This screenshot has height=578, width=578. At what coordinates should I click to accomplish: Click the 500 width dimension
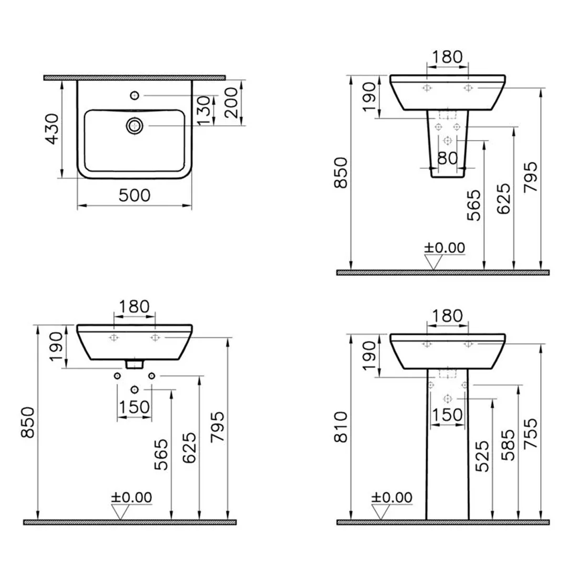click(x=135, y=195)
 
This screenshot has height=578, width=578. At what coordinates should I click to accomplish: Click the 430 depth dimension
click(x=52, y=129)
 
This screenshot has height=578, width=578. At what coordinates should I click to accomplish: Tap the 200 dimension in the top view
click(x=231, y=102)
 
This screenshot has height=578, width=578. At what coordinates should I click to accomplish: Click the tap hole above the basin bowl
click(x=135, y=96)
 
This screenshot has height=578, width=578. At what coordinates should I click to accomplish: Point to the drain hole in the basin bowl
click(x=135, y=126)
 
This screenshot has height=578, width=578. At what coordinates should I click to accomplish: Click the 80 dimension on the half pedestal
click(x=448, y=158)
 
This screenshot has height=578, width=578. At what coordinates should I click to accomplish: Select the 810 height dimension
click(x=340, y=427)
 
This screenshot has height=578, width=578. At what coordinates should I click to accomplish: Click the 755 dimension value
click(x=531, y=433)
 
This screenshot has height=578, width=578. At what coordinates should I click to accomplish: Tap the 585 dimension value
click(x=508, y=445)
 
